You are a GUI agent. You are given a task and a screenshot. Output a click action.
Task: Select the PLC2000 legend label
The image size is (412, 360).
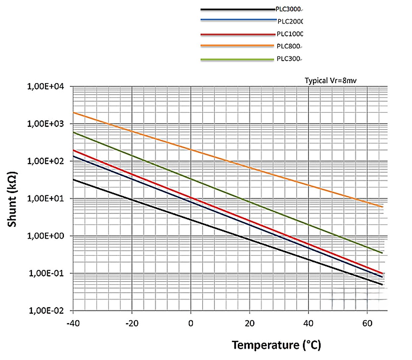(x=290, y=22)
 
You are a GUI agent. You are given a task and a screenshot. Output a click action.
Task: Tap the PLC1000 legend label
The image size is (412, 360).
(x=290, y=34)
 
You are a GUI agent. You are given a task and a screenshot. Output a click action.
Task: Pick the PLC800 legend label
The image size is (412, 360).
(x=289, y=46)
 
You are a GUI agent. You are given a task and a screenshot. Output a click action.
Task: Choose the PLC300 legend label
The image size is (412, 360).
(x=289, y=59)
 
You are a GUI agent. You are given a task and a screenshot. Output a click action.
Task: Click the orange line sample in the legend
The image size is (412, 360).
(x=237, y=46)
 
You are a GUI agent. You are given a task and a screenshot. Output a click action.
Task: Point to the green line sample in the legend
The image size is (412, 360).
(x=237, y=60)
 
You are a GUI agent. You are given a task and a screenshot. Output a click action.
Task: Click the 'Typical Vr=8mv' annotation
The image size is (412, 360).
(x=331, y=80)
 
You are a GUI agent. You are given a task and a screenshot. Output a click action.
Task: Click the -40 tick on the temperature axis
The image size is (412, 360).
(x=73, y=323)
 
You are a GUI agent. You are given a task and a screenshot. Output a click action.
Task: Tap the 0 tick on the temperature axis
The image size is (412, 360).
(x=191, y=323)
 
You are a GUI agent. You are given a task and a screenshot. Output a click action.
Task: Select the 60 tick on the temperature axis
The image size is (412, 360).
(x=367, y=323)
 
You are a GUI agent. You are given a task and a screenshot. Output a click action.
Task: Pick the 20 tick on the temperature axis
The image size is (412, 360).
(x=249, y=323)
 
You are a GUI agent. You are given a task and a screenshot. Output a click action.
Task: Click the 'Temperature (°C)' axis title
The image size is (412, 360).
(x=276, y=345)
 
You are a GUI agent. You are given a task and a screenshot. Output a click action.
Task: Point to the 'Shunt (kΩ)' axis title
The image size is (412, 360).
(x=12, y=199)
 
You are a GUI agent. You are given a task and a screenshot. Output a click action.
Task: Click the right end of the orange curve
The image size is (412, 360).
(x=382, y=207)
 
